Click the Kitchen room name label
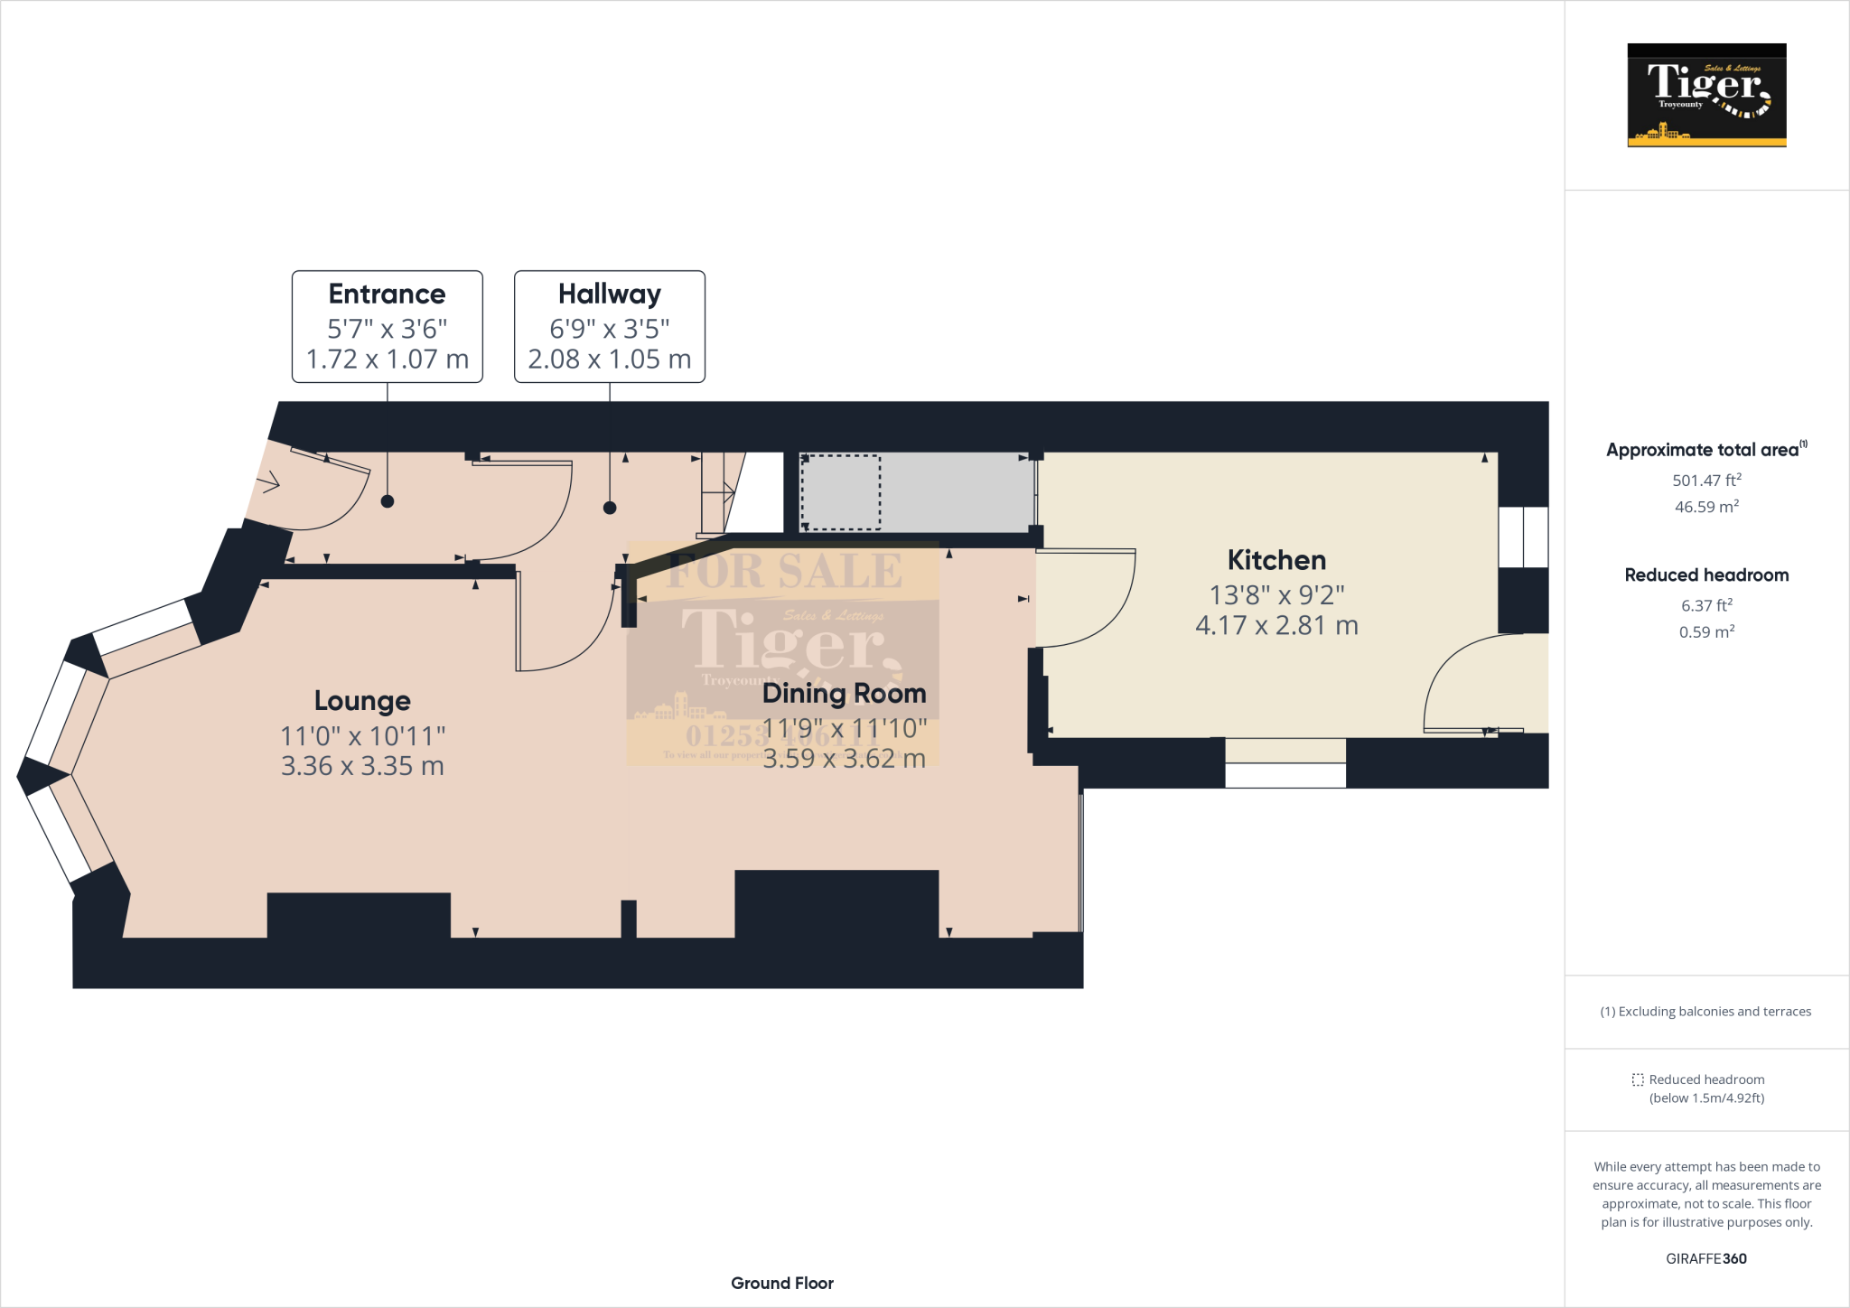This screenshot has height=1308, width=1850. tap(1275, 560)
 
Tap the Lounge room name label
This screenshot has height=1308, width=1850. tap(362, 701)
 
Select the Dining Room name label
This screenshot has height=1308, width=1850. tap(844, 694)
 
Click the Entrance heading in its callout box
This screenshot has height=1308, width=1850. tap(387, 294)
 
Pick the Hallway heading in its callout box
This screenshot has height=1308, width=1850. tap(609, 294)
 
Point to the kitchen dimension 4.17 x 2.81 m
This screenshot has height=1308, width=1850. tap(1275, 625)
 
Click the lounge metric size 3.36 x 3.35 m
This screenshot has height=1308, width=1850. tap(362, 766)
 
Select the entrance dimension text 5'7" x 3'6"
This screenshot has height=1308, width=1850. tap(387, 329)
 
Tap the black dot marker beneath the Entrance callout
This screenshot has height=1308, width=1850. tap(388, 501)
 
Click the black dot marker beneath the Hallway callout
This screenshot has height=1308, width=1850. tap(610, 508)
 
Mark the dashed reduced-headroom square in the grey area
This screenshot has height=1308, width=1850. tap(840, 492)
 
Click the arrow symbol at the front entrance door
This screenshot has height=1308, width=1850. tap(269, 484)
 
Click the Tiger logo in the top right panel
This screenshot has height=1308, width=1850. tap(1705, 95)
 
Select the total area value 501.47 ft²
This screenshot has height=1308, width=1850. tap(1705, 481)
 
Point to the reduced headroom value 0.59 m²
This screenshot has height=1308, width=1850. tap(1705, 632)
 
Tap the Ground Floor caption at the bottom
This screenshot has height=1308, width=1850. tap(781, 1283)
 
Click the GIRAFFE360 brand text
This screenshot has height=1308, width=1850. tap(1705, 1258)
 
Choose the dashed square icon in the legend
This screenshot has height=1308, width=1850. tap(1638, 1079)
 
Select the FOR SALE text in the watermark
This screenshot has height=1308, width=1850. tap(783, 571)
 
